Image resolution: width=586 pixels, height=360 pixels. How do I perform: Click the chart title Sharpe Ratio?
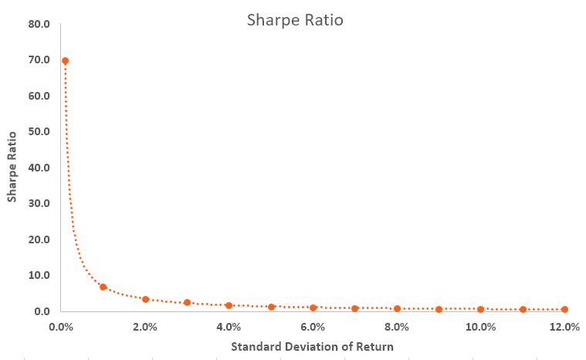(x=295, y=20)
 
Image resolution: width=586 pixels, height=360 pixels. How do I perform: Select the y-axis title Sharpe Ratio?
(x=12, y=166)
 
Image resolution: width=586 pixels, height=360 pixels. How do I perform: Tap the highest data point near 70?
(x=65, y=60)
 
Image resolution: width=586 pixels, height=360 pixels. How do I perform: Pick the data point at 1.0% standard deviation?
(x=103, y=287)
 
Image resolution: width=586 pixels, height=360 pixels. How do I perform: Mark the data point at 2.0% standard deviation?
(x=145, y=299)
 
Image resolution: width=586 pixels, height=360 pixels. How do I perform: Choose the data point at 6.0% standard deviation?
(x=313, y=307)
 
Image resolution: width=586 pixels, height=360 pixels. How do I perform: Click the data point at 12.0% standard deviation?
(x=564, y=310)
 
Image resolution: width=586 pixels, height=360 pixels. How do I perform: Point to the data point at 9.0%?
(x=439, y=309)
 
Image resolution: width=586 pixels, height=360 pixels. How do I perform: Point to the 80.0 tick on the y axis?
(x=39, y=24)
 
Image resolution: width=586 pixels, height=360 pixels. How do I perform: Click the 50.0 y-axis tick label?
(x=39, y=131)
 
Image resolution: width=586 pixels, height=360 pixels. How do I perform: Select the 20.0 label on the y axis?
(x=39, y=239)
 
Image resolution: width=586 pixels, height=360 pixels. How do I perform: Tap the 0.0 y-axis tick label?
(x=42, y=311)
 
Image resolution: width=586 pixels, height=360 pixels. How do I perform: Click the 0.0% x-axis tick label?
(x=61, y=327)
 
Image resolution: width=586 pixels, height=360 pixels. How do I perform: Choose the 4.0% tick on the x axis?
(x=229, y=327)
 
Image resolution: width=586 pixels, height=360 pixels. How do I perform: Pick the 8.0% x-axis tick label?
(x=397, y=327)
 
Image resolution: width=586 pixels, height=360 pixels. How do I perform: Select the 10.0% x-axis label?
(x=480, y=327)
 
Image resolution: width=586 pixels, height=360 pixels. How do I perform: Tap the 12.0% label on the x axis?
(x=564, y=327)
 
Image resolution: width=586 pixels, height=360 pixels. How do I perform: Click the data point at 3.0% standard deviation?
(x=187, y=303)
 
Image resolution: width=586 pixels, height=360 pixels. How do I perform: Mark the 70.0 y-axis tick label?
(x=39, y=59)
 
